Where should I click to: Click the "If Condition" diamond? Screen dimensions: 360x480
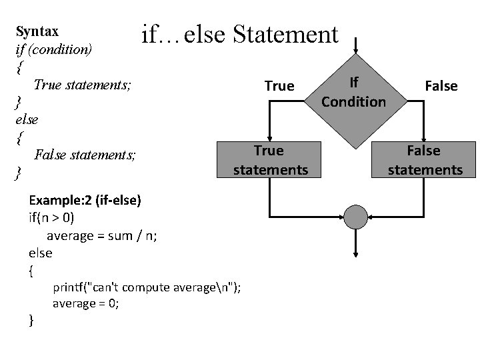pyautogui.click(x=354, y=92)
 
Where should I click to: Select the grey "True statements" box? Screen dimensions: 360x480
pyautogui.click(x=270, y=160)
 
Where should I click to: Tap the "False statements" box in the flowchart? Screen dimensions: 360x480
pyautogui.click(x=425, y=160)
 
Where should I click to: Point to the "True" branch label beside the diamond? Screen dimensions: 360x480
pyautogui.click(x=279, y=86)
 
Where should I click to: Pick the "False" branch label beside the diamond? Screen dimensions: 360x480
pyautogui.click(x=441, y=86)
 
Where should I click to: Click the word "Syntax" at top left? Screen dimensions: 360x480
pyautogui.click(x=37, y=31)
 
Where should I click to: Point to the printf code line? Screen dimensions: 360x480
pyautogui.click(x=147, y=287)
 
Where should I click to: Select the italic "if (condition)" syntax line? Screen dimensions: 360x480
pyautogui.click(x=53, y=49)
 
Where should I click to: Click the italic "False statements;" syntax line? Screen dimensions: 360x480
pyautogui.click(x=85, y=155)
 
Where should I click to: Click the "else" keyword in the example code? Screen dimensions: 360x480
pyautogui.click(x=41, y=253)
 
